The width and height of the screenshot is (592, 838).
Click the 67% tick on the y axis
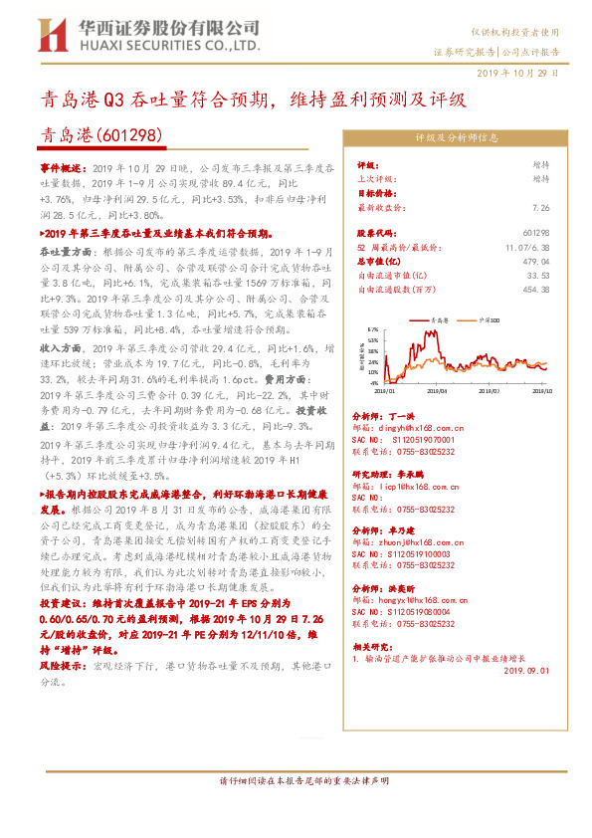coord(373,328)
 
